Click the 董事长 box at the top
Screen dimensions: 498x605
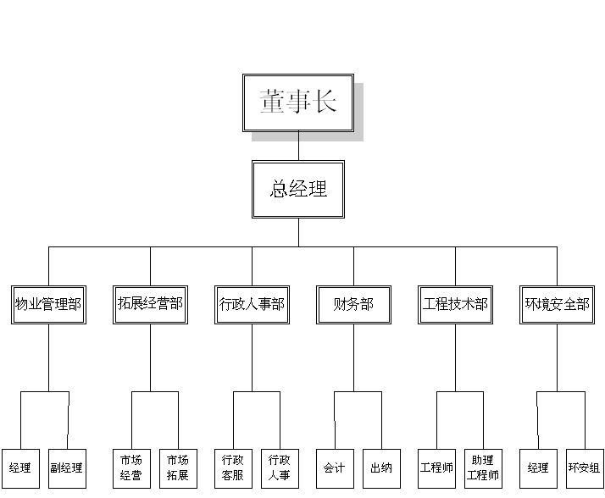point(298,102)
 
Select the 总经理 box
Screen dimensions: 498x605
point(298,189)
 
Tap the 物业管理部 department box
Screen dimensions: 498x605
point(48,304)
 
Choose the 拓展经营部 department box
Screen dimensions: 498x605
point(150,304)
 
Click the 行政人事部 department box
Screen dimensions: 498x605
point(252,304)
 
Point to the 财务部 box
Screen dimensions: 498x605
point(353,304)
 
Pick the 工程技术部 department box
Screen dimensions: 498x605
point(455,304)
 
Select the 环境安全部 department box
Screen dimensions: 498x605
point(557,304)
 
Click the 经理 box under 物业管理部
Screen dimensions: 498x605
point(20,468)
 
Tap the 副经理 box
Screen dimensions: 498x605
point(67,468)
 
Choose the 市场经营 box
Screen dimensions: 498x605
point(130,468)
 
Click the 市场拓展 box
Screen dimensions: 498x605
point(178,468)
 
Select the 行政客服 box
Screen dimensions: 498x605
point(233,468)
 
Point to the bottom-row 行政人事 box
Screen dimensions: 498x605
point(280,468)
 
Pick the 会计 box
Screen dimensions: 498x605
point(335,468)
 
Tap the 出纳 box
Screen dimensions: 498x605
point(381,468)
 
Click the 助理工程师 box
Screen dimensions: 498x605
point(483,468)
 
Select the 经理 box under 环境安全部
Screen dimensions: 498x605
point(538,468)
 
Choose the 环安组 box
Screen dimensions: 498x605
point(585,468)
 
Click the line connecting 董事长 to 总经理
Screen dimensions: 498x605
point(298,147)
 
